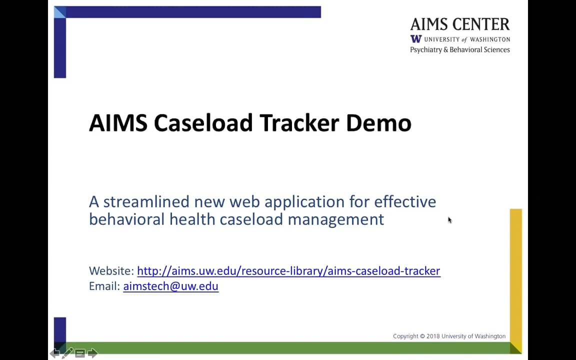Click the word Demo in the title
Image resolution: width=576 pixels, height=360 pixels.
coord(378,123)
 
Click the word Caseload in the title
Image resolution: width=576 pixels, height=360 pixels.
coord(203,123)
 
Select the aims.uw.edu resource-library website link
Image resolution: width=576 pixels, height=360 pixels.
coord(288,271)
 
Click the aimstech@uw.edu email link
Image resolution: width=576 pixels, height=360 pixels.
coord(170,286)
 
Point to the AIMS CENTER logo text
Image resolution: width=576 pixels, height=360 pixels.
coord(459,24)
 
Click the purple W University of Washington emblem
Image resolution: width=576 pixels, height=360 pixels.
coord(416,39)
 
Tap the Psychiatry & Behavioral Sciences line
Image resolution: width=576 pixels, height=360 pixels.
coord(459,49)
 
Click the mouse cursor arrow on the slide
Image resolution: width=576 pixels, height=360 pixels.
coord(449,220)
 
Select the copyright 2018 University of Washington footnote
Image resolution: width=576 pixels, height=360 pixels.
coord(449,336)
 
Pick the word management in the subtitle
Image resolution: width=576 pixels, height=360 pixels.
coord(335,219)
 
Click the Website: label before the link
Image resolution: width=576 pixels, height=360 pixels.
coord(111,271)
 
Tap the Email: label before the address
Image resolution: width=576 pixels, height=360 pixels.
coord(104,286)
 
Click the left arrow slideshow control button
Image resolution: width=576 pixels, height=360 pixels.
coord(54,353)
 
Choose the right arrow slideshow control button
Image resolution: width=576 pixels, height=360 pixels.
coord(92,353)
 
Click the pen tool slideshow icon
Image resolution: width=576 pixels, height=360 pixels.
coord(67,353)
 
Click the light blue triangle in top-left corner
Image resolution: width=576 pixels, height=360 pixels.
coord(58,11)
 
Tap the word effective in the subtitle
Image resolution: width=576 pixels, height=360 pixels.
coord(405,201)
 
